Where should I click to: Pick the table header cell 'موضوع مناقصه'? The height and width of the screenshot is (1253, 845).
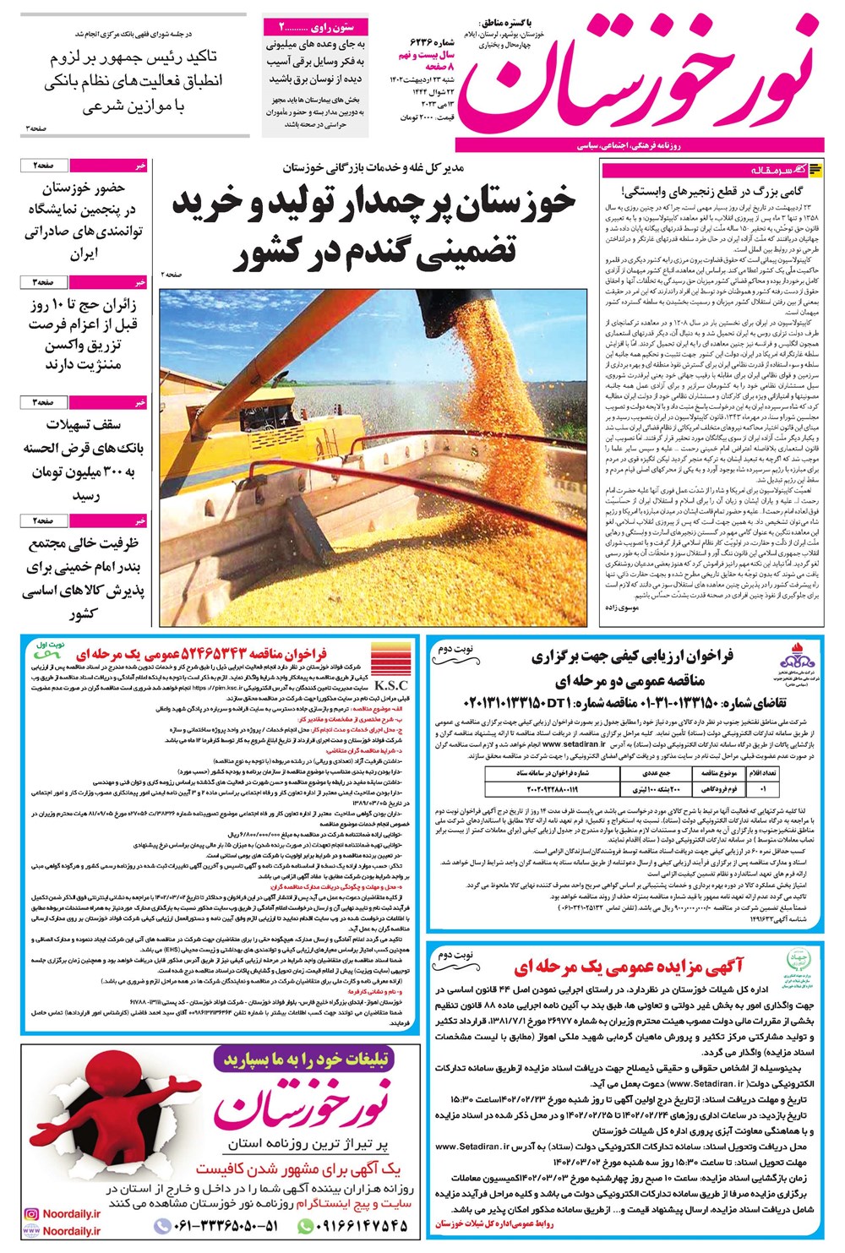pos(718,773)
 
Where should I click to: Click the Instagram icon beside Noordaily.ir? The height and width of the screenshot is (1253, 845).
pos(31,1212)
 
